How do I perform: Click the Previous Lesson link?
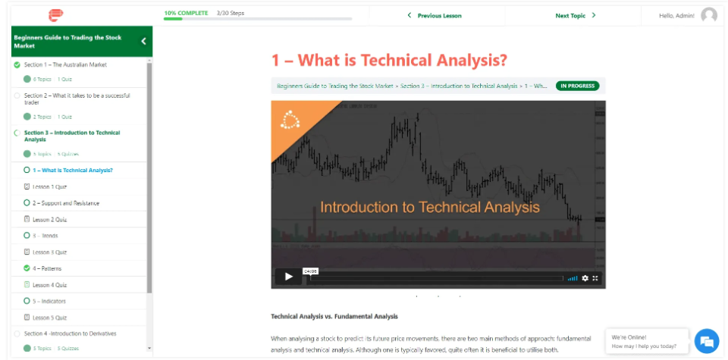(x=435, y=15)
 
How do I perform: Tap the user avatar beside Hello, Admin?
(x=709, y=15)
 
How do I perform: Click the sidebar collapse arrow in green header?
(x=143, y=42)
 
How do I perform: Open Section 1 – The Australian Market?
(x=65, y=64)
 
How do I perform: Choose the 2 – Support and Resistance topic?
(x=65, y=203)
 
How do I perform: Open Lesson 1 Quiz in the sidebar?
(x=49, y=186)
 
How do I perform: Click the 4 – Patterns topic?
(x=47, y=268)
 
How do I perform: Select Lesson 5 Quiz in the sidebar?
(x=49, y=318)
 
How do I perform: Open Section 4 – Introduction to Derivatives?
(x=70, y=333)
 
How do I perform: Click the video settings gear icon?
(x=585, y=278)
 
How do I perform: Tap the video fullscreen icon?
(x=595, y=278)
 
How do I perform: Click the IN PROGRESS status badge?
(x=577, y=86)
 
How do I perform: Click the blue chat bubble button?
(x=706, y=341)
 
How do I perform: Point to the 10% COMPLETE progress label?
(x=187, y=13)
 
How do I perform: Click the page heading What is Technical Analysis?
(x=389, y=60)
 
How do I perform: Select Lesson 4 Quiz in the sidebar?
(x=49, y=285)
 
